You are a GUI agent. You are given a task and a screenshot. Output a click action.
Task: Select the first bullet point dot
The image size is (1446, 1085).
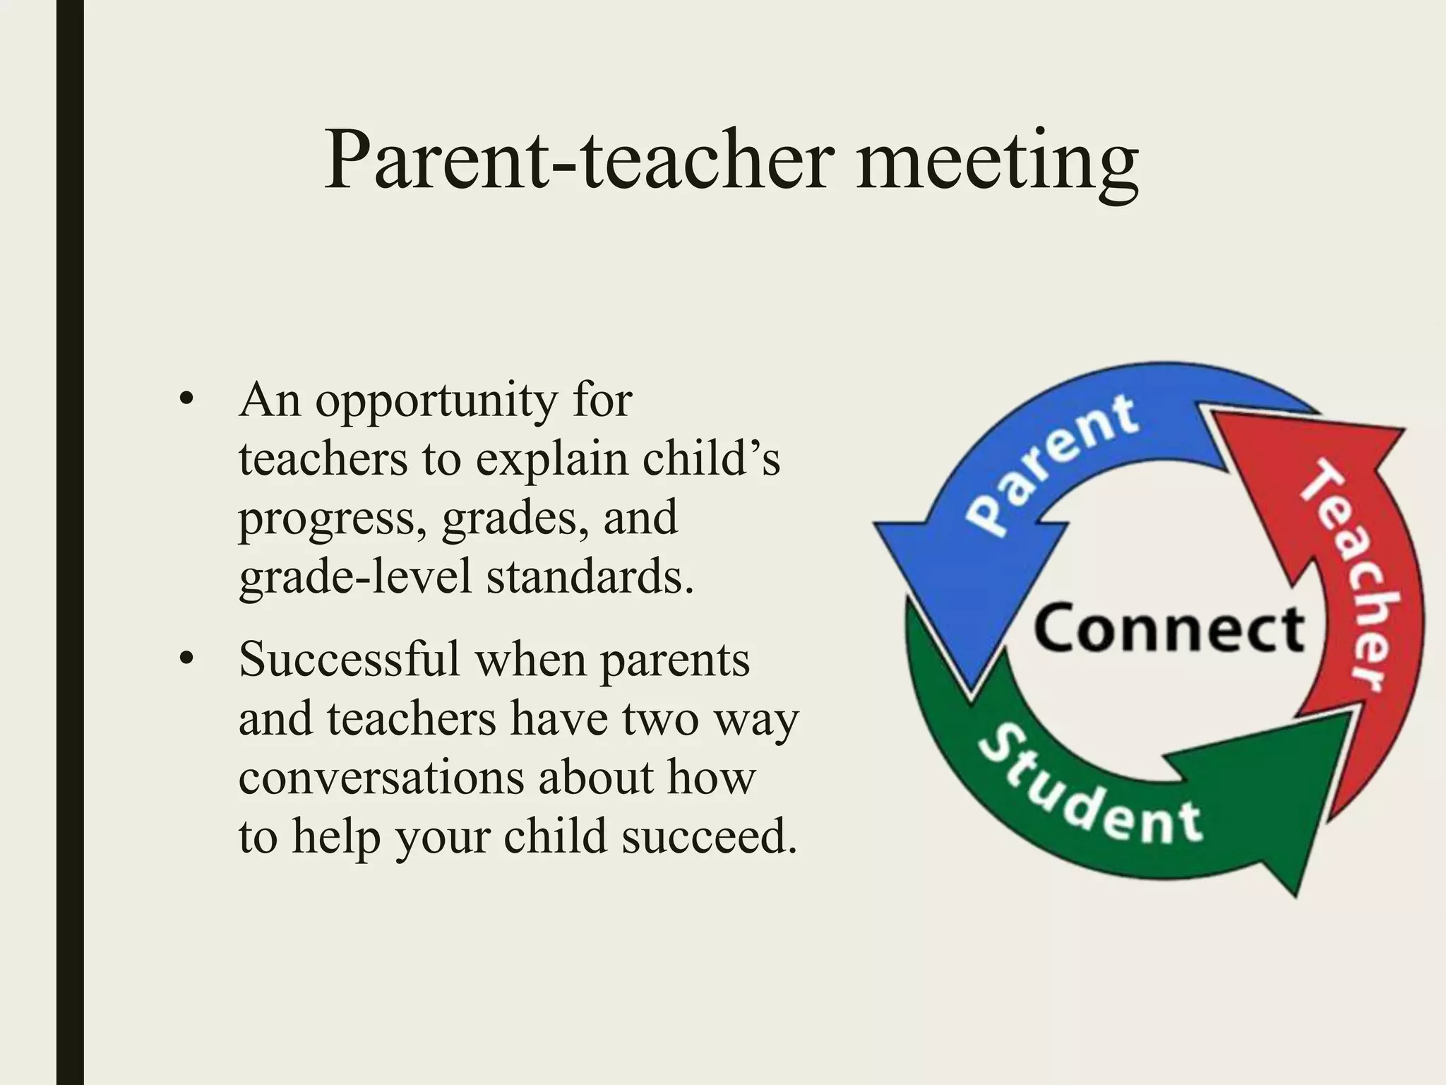coord(186,401)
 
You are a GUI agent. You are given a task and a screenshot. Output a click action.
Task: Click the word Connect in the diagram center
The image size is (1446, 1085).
coord(1169,629)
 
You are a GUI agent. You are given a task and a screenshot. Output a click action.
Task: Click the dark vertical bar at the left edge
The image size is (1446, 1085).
coord(70,542)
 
